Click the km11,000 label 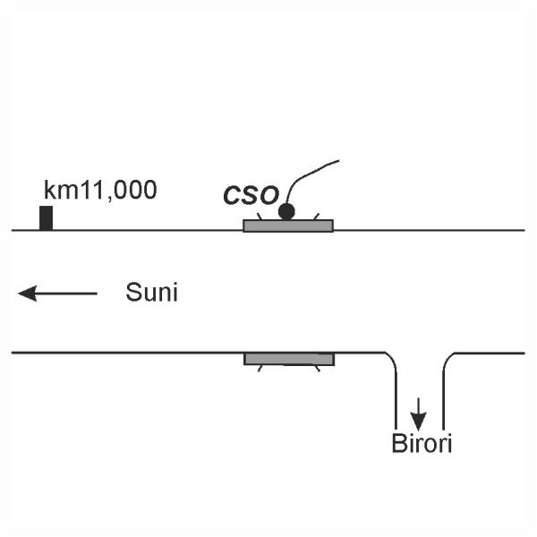tap(100, 190)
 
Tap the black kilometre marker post tap(46, 217)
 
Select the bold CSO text tap(251, 194)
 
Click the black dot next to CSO tap(286, 211)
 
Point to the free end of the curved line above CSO tap(338, 161)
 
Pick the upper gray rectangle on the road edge tap(288, 226)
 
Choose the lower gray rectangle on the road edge tap(289, 359)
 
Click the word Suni tap(151, 293)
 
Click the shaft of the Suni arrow tap(67, 293)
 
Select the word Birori tap(422, 443)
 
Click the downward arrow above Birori tap(418, 414)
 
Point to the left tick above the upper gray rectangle tap(260, 216)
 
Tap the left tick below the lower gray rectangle tap(260, 368)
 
